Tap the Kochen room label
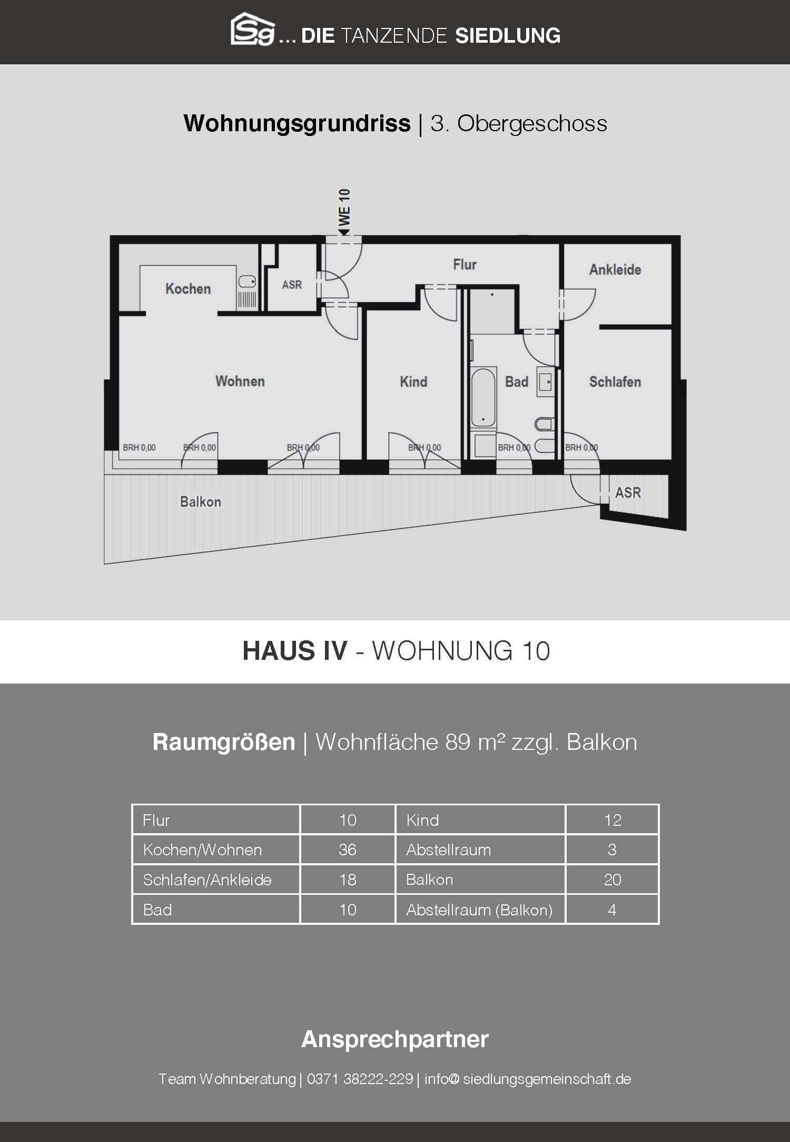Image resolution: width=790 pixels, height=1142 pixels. point(188,289)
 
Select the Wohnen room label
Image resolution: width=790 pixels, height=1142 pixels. point(240,381)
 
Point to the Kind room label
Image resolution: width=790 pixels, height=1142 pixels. point(413,382)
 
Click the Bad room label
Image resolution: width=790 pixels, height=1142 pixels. point(517,382)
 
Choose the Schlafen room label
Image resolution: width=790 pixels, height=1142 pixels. point(615,382)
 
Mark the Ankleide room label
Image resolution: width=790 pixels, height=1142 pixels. point(615,270)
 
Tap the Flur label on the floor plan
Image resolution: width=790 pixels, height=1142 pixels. point(465,265)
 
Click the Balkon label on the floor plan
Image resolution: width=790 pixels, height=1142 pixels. point(201,502)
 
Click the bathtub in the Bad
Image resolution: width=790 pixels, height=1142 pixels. point(483,397)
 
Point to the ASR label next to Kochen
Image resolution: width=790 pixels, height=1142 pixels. point(292,285)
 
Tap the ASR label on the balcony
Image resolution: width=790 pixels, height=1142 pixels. point(628,493)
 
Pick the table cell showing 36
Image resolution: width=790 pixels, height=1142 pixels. point(348,850)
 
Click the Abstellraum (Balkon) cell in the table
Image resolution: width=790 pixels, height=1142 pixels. point(479,910)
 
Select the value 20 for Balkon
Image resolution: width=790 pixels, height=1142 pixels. point(613,880)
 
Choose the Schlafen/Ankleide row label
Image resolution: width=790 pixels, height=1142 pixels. point(208,880)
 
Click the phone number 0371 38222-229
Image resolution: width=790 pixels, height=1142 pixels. point(360,1079)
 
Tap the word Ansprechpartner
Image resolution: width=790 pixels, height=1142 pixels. point(395,1039)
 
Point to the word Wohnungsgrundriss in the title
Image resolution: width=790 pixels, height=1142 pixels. point(297,124)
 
